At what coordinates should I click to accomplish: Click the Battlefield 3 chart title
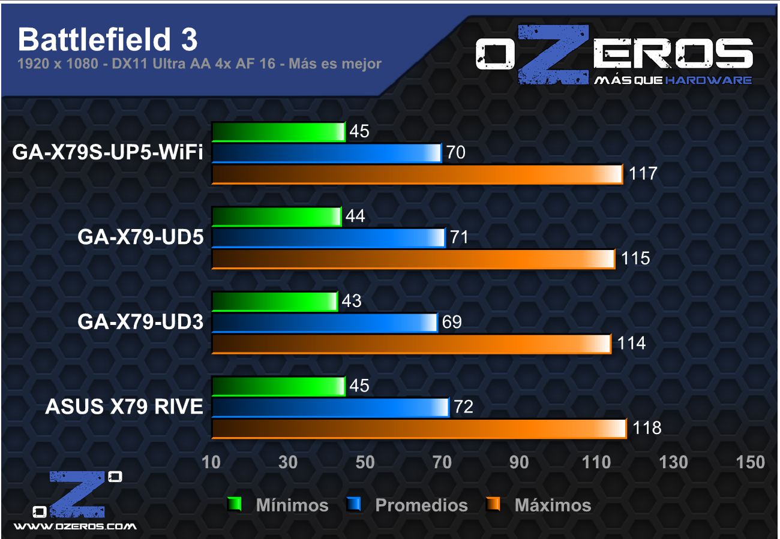[x=107, y=40]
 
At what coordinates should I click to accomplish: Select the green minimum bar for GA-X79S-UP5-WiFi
[x=278, y=132]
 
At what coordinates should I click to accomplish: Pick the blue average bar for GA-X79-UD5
[x=328, y=238]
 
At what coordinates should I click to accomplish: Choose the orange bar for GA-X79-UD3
[x=411, y=344]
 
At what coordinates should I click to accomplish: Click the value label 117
[x=643, y=174]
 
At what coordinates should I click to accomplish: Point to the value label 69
[x=451, y=323]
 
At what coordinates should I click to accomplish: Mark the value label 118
[x=647, y=428]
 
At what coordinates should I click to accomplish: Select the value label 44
[x=355, y=216]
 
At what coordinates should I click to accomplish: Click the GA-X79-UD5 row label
[x=140, y=239]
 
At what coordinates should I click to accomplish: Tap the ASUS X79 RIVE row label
[x=124, y=408]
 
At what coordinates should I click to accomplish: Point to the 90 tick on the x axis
[x=520, y=462]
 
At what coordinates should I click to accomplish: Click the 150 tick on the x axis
[x=751, y=462]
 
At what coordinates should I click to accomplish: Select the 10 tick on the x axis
[x=211, y=462]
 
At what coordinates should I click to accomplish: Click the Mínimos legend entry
[x=292, y=505]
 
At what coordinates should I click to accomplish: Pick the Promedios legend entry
[x=421, y=505]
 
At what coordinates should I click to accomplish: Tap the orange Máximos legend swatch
[x=493, y=505]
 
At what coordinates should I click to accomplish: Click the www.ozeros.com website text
[x=75, y=526]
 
